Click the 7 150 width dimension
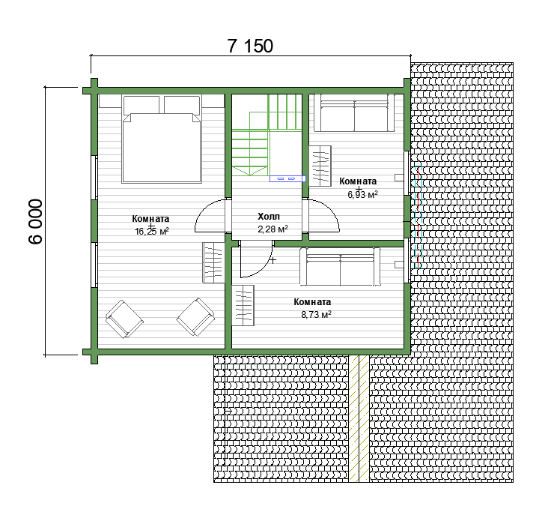coord(250,46)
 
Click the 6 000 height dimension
coord(35,221)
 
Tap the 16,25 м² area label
coord(151,232)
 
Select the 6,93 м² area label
coord(362,194)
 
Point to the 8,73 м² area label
coord(316,314)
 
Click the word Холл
coord(269,216)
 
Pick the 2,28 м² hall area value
coord(273,229)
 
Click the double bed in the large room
coord(162,139)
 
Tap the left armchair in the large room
coord(124,319)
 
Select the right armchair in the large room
coord(195,316)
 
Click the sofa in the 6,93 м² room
coord(354,113)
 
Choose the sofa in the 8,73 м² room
coord(340,266)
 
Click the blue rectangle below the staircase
coord(287,178)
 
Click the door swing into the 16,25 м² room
coord(210,216)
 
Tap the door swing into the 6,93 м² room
coord(324,216)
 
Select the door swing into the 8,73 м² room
coord(257,259)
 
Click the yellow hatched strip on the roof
coord(359,418)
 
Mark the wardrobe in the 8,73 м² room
coord(243,305)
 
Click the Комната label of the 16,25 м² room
coord(151,219)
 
